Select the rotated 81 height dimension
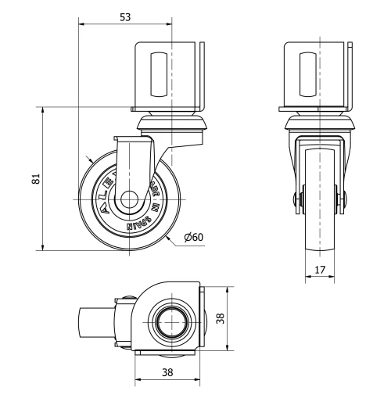coord(34,179)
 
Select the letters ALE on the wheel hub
coord(105,188)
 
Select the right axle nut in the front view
coord(341,200)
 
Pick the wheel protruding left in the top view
coord(95,321)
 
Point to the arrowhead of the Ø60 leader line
coord(169,233)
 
